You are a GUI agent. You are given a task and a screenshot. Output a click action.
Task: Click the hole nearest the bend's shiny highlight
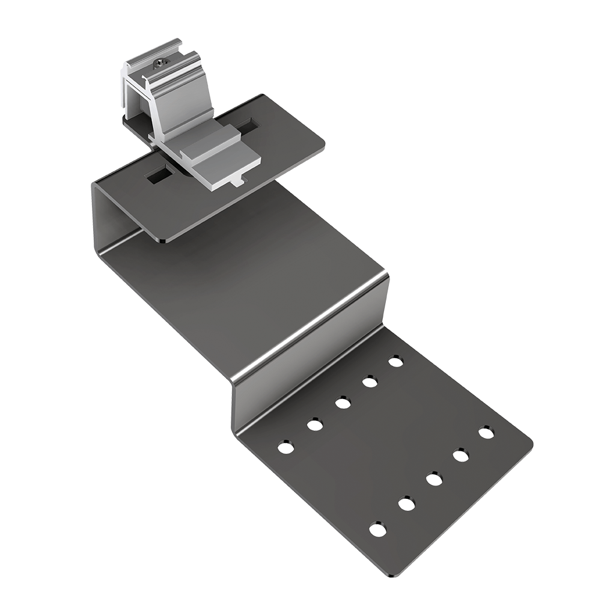pyautogui.click(x=395, y=362)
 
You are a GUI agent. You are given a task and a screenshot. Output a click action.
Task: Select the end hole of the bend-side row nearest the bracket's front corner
pyautogui.click(x=285, y=448)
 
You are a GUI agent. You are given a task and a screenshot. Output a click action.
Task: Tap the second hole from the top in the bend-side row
pyautogui.click(x=369, y=382)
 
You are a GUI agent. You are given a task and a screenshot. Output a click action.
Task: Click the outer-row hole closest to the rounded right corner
pyautogui.click(x=486, y=432)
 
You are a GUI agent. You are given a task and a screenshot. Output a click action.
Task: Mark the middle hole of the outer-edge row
pyautogui.click(x=434, y=480)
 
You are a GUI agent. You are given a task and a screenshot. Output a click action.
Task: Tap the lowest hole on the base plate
pyautogui.click(x=377, y=530)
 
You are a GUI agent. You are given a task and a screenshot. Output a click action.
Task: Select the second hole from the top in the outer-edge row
pyautogui.click(x=460, y=456)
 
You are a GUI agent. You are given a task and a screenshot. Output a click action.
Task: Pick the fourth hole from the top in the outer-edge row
pyautogui.click(x=407, y=504)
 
